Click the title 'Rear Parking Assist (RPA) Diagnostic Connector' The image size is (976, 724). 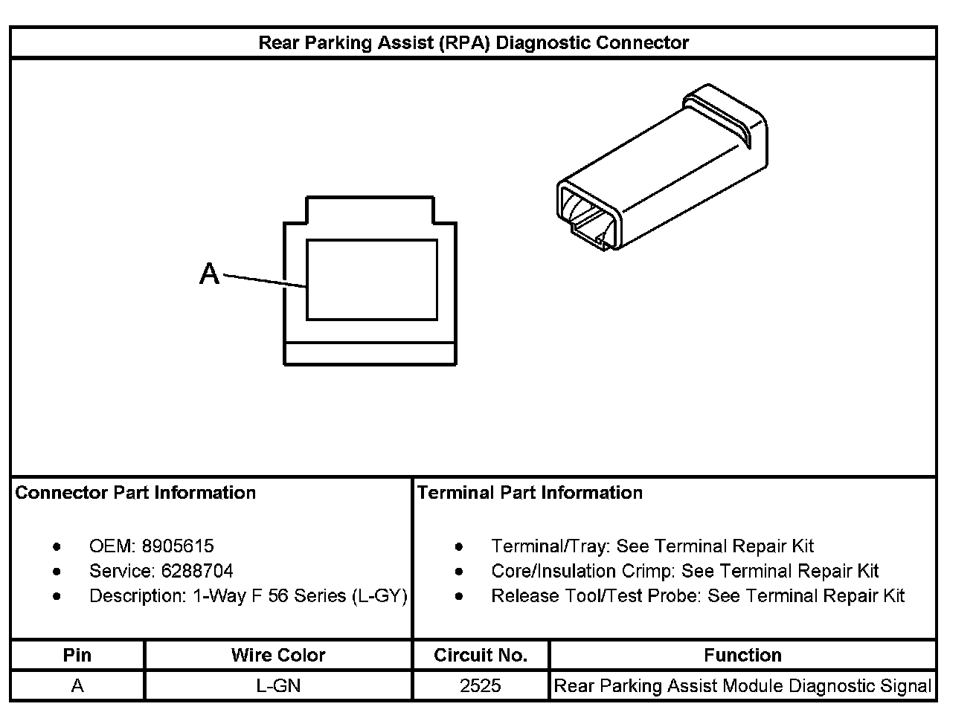(x=473, y=43)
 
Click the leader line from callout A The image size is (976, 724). (x=265, y=281)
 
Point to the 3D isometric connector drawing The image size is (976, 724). (x=662, y=167)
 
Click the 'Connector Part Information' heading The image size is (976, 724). (x=135, y=493)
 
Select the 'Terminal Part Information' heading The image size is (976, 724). (x=530, y=493)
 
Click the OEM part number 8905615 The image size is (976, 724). (x=178, y=546)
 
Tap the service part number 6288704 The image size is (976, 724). (x=197, y=571)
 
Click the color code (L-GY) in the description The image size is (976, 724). (x=379, y=596)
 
